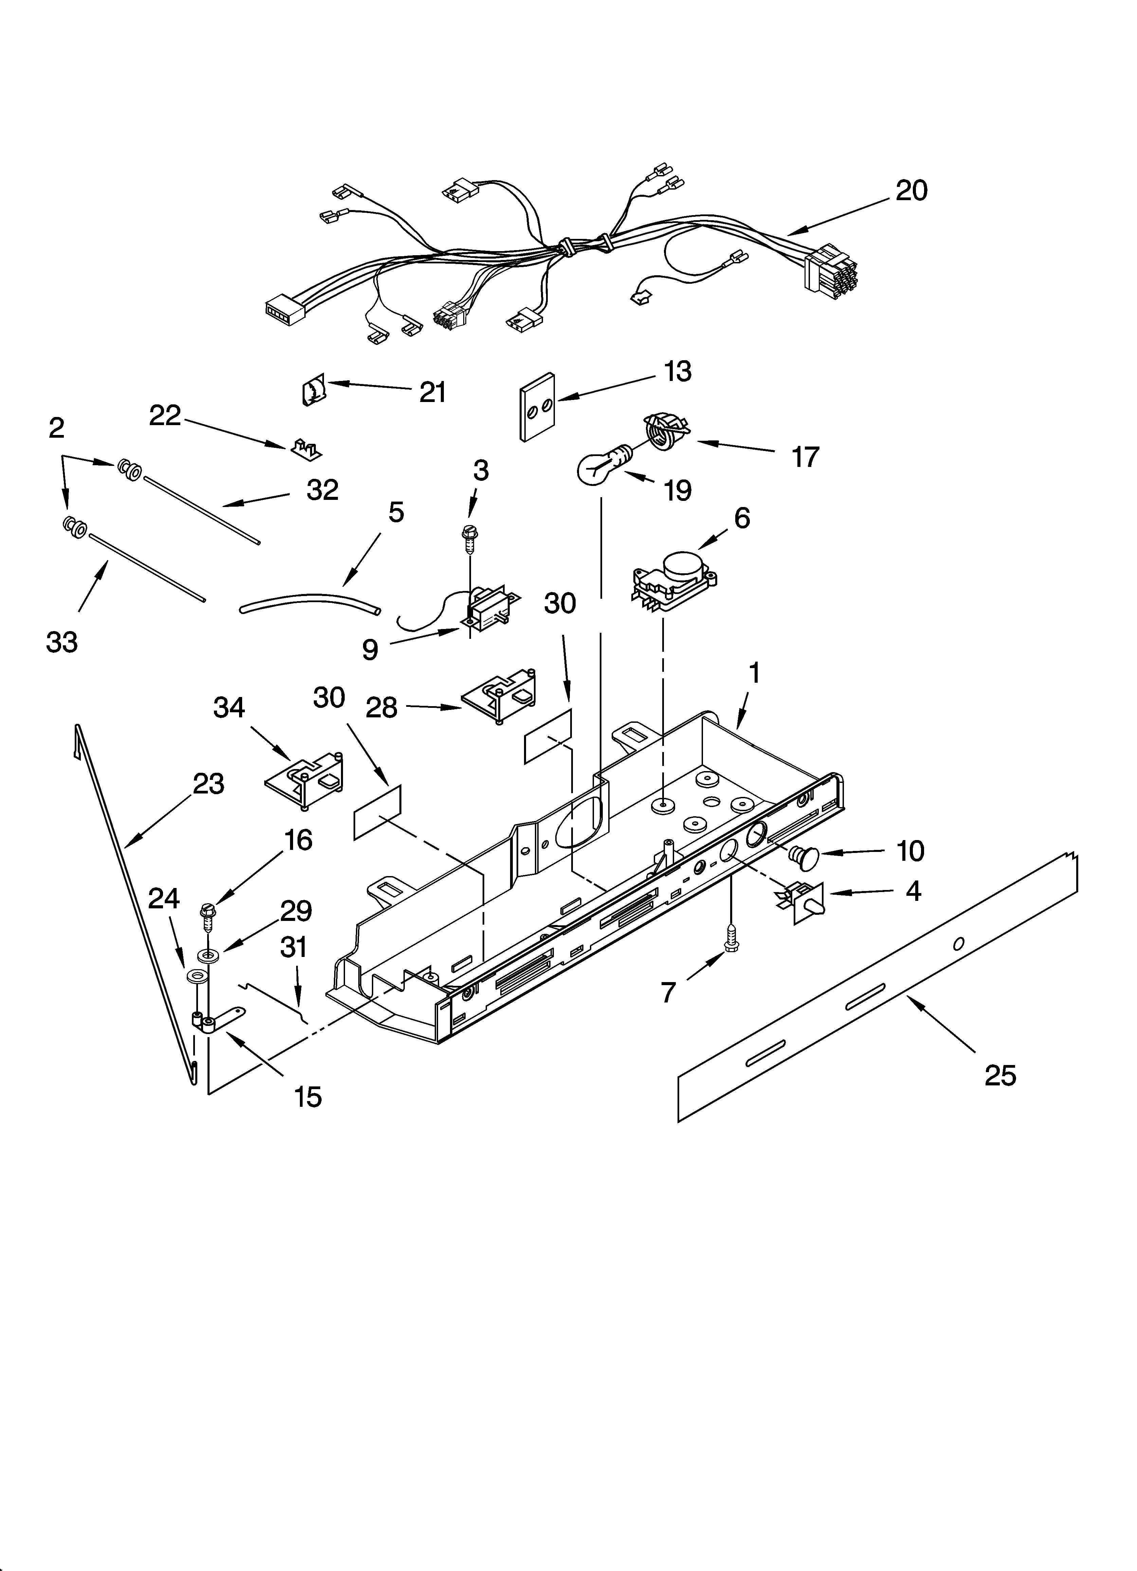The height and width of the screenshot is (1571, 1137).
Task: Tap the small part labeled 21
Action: [314, 391]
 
